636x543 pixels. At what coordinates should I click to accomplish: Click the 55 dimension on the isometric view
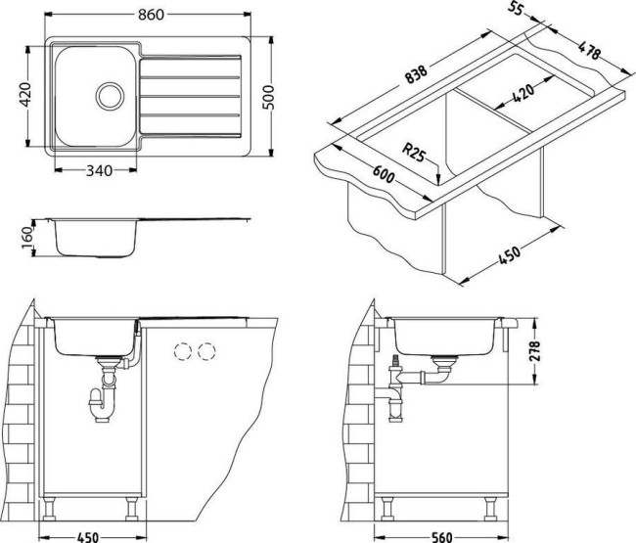[518, 11]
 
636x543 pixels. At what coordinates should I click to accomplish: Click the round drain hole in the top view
[110, 95]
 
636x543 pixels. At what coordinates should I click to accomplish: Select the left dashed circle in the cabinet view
[182, 352]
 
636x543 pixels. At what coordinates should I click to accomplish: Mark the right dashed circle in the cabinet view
[206, 352]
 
